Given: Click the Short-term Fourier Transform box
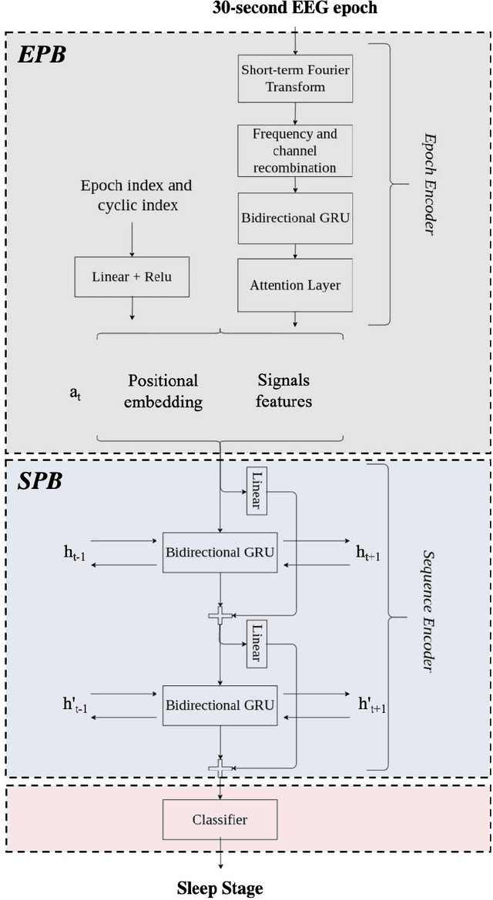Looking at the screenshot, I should click(x=295, y=79).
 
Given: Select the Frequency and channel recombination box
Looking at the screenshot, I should click(x=295, y=150).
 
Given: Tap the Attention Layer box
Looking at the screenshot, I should click(x=295, y=284).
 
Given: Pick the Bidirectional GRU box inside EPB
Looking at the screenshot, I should click(x=295, y=216).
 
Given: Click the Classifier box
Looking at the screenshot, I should click(x=220, y=819).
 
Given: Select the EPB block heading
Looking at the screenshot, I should click(x=42, y=56).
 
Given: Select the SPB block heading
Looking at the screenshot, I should click(x=40, y=483).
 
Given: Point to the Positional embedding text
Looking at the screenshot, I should click(x=163, y=391).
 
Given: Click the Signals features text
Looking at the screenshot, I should click(x=283, y=391).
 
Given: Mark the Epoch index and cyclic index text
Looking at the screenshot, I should click(x=136, y=196).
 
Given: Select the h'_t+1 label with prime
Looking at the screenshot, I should click(x=372, y=705).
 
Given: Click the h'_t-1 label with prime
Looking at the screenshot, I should click(x=79, y=705).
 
